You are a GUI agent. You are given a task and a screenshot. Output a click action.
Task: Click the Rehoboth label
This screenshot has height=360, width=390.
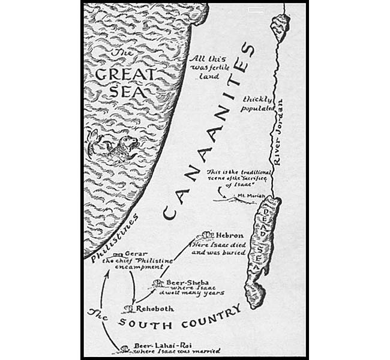pos(155,308)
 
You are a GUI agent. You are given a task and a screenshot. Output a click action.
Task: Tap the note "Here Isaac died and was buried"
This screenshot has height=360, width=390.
pos(217,249)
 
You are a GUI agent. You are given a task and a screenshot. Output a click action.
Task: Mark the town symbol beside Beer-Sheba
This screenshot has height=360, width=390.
pos(157,282)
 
